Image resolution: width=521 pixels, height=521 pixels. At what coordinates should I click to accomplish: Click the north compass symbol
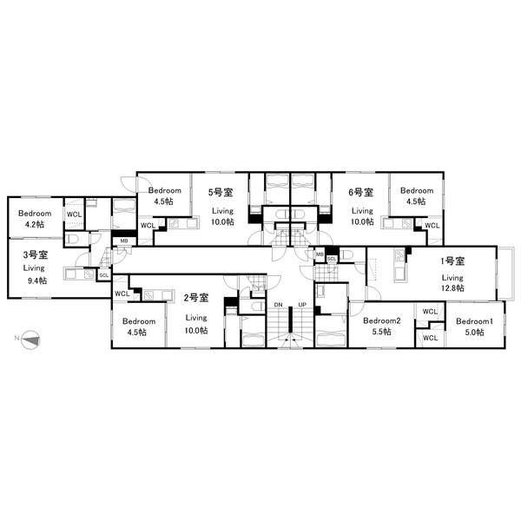[x=30, y=340]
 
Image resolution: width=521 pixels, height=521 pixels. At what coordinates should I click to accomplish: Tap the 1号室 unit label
[x=452, y=261]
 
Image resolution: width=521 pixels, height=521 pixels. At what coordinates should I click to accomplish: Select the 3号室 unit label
[x=36, y=254]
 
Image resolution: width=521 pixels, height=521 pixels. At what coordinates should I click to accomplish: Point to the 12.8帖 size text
[x=452, y=288]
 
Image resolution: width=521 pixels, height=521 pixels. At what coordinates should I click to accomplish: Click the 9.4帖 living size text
[x=36, y=280]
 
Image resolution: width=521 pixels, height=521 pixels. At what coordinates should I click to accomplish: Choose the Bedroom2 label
[x=381, y=320]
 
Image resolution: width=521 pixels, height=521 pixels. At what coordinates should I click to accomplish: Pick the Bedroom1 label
[x=474, y=321]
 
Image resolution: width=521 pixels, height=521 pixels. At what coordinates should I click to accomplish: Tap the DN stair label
[x=279, y=305]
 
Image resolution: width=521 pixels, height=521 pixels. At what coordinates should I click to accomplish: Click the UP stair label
[x=302, y=305]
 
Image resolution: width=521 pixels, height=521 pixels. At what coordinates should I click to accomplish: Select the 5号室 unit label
[x=221, y=192]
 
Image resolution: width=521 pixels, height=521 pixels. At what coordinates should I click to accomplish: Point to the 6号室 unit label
[x=361, y=192]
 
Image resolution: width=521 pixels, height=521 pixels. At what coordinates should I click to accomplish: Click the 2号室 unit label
[x=196, y=298]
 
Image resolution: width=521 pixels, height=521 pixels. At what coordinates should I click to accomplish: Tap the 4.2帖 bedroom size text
[x=35, y=224]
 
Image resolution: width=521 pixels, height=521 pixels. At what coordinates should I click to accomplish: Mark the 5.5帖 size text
[x=382, y=332]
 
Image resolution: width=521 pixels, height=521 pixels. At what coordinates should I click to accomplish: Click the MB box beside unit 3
[x=124, y=241]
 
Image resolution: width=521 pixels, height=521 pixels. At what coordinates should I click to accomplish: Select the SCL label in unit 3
[x=104, y=275]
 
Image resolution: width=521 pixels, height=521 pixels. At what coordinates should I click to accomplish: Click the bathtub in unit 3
[x=124, y=213]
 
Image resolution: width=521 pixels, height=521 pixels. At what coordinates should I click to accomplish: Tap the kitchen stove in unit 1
[x=399, y=255]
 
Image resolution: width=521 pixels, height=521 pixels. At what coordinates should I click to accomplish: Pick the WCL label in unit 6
[x=432, y=226]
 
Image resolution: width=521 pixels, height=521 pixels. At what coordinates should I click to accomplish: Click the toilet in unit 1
[x=346, y=254]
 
